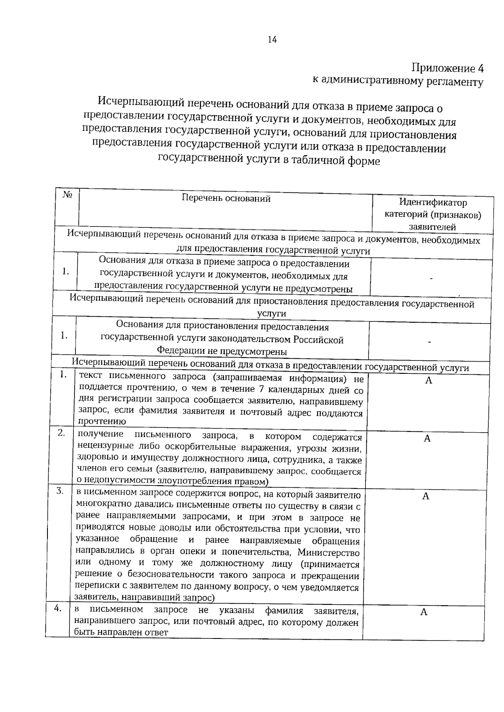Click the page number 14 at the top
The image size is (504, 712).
(272, 39)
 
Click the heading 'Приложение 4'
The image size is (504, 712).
(447, 68)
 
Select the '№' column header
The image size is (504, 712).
(67, 195)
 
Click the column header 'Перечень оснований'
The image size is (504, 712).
(226, 198)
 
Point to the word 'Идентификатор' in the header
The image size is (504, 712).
(433, 202)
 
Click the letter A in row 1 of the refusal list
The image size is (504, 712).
(428, 381)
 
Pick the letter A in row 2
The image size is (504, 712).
(427, 439)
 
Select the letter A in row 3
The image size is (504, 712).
(425, 497)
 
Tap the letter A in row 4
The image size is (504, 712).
(424, 612)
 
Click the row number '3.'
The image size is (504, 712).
(60, 491)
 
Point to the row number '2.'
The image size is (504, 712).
(61, 433)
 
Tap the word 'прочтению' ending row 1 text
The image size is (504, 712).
(102, 422)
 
